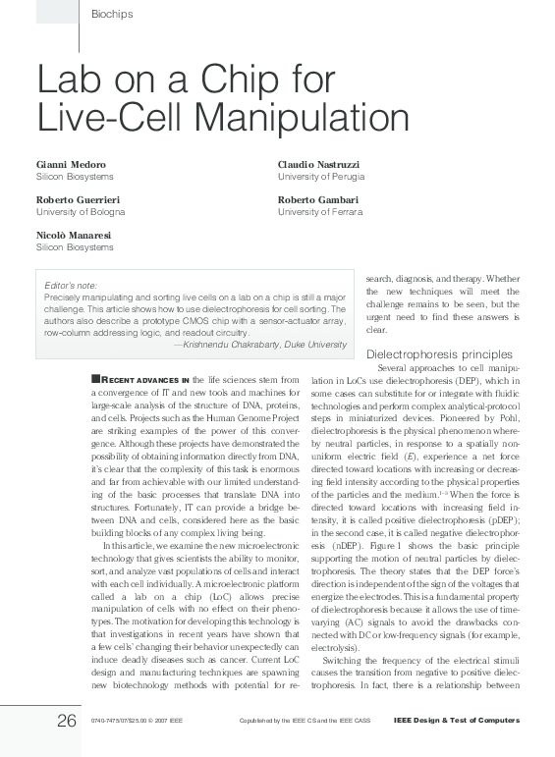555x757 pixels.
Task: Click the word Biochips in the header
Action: click(x=111, y=14)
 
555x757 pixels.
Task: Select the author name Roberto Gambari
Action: click(x=318, y=199)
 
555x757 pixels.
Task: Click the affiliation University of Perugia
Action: click(x=321, y=177)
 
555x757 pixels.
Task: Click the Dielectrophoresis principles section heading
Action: click(x=438, y=353)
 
